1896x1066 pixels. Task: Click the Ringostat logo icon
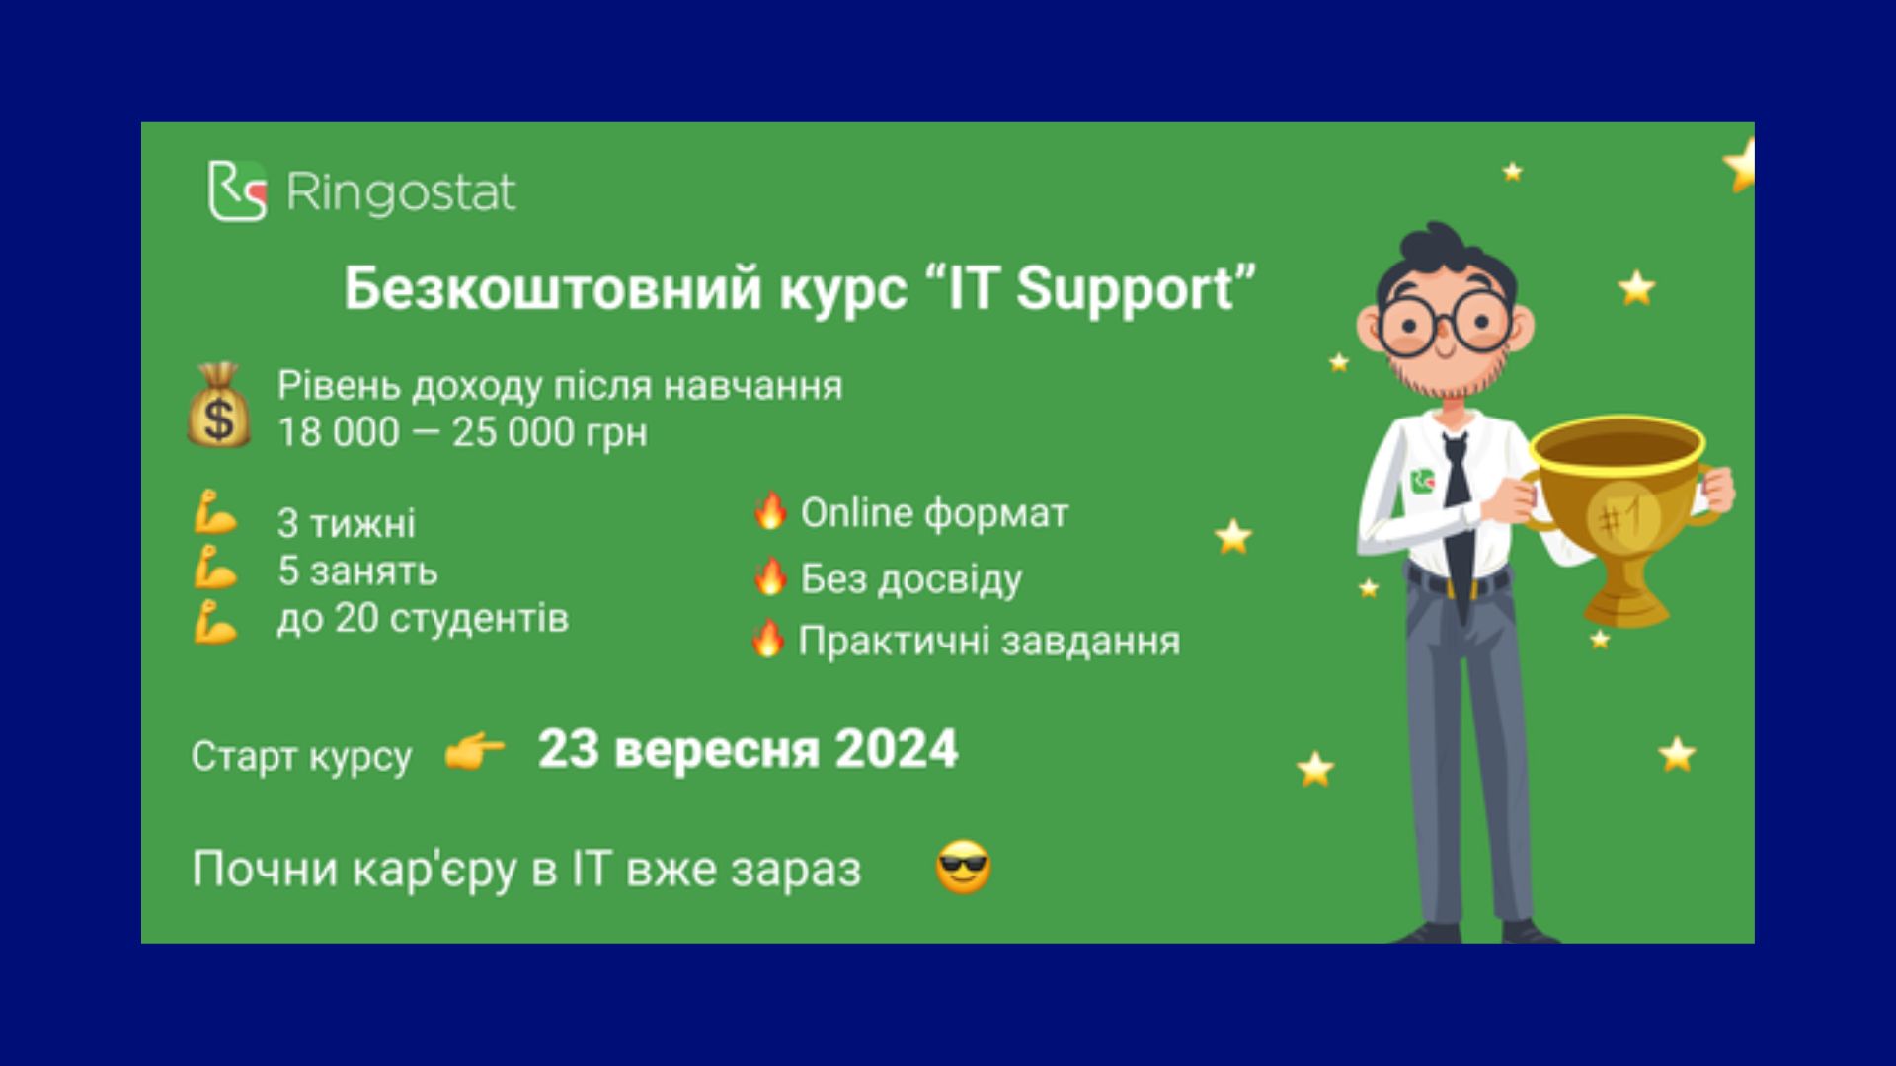[237, 190]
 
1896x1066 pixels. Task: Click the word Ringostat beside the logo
[400, 192]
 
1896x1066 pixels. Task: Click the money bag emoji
[219, 405]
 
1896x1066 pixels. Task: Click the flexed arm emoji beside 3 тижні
[215, 514]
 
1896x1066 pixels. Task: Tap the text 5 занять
[357, 571]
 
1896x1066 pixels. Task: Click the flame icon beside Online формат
[769, 511]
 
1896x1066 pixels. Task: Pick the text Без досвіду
[910, 579]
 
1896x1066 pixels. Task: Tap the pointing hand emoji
[474, 753]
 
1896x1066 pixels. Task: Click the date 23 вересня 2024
[748, 749]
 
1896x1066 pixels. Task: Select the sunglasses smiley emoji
[963, 869]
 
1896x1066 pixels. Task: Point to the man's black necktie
[1457, 518]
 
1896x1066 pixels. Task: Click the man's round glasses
[1445, 323]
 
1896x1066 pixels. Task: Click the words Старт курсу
[301, 757]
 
